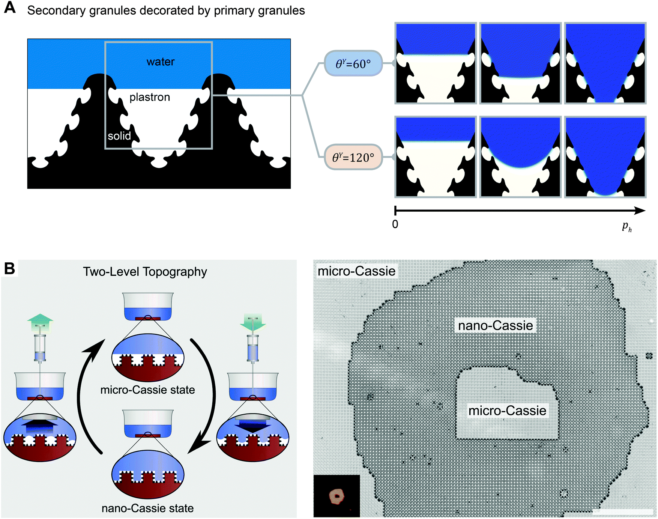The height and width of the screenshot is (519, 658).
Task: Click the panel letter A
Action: pos(10,8)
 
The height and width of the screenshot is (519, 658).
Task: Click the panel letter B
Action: pos(9,268)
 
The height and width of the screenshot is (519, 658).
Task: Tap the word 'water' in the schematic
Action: pos(161,62)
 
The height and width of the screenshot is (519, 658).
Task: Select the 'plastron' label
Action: pos(150,97)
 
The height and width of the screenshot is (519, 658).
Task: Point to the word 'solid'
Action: pos(119,136)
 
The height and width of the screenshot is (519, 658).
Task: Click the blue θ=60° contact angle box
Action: pos(353,63)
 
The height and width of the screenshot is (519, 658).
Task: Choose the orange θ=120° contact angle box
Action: pos(353,157)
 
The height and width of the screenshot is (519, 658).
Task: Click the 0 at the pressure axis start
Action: pos(395,224)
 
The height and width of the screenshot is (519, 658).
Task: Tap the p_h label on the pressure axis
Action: pos(627,227)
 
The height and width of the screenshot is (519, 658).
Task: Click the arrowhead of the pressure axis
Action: pos(641,211)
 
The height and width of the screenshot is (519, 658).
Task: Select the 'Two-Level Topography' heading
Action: pos(145,272)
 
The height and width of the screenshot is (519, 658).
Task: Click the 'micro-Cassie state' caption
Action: pos(148,390)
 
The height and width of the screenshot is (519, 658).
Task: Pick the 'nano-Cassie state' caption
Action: pos(148,508)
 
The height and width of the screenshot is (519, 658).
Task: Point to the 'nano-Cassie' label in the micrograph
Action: pos(496,325)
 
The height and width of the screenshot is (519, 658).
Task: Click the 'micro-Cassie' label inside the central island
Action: pos(507,411)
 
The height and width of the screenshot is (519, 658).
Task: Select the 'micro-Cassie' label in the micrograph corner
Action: pos(356,271)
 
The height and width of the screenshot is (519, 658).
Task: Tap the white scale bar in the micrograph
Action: pos(623,511)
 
